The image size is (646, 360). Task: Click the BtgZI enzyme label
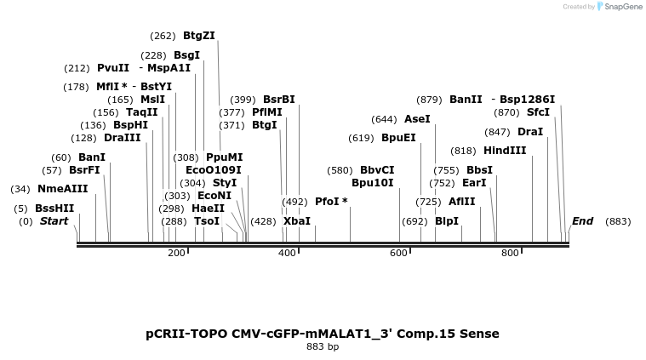pyautogui.click(x=199, y=36)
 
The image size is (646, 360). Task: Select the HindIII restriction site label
pyautogui.click(x=505, y=151)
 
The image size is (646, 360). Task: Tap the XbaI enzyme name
pyautogui.click(x=297, y=221)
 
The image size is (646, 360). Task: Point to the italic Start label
pyautogui.click(x=54, y=221)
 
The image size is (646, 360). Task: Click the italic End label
pyautogui.click(x=582, y=221)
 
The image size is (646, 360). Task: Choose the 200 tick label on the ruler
pyautogui.click(x=176, y=254)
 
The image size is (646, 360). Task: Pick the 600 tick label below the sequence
pyautogui.click(x=399, y=254)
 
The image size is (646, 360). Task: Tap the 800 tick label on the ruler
pyautogui.click(x=510, y=254)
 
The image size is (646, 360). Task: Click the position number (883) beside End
pyautogui.click(x=618, y=221)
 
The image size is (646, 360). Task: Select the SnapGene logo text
pyautogui.click(x=625, y=7)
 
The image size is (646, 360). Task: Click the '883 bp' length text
pyautogui.click(x=323, y=347)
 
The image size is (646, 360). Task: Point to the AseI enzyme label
pyautogui.click(x=417, y=119)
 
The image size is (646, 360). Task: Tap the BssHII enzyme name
pyautogui.click(x=54, y=209)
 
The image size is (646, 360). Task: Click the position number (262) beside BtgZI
pyautogui.click(x=163, y=36)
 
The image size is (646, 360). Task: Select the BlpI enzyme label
pyautogui.click(x=447, y=221)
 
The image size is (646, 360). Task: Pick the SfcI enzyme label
pyautogui.click(x=538, y=112)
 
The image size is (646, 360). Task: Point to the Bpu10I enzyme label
pyautogui.click(x=373, y=182)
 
